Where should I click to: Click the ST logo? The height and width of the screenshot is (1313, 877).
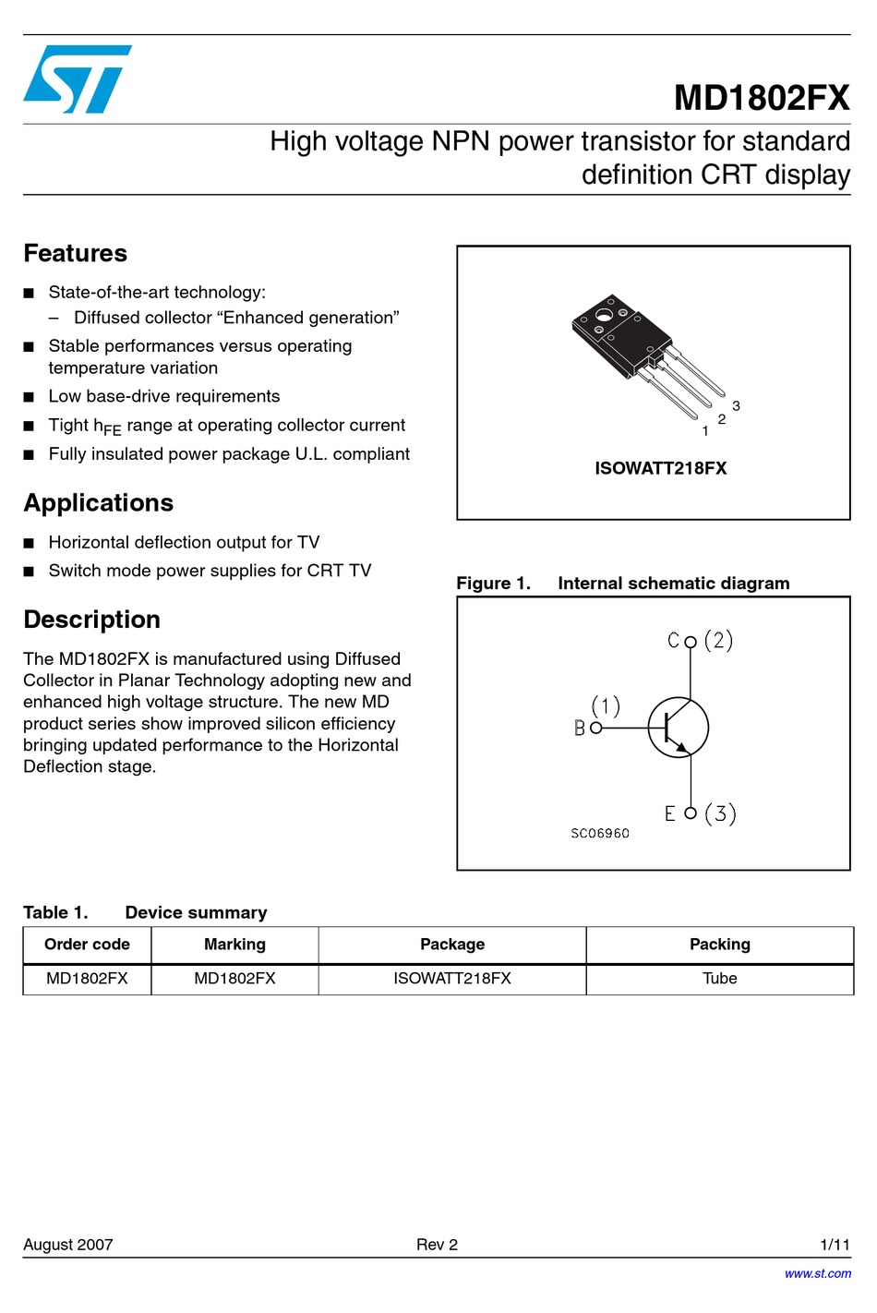coord(77,79)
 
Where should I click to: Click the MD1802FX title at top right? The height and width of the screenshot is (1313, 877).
coord(761,98)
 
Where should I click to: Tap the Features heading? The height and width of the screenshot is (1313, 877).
coord(76,253)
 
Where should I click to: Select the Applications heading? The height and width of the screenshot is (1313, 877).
coord(98,502)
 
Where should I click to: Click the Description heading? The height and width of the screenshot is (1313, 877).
coord(91,620)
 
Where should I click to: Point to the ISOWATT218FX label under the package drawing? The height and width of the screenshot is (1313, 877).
coord(660,468)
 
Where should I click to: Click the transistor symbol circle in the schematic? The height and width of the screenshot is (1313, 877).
coord(679,728)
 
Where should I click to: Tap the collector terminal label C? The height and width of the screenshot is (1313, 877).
coord(673,641)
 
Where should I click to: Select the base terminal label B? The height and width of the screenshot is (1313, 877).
coord(580,729)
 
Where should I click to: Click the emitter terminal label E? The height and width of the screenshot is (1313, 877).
coord(670,813)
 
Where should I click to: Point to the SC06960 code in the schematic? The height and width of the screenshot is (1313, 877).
coord(600,833)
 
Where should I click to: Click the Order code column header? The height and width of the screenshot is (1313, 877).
coord(87,945)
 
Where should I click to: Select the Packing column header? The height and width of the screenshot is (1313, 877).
coord(719,945)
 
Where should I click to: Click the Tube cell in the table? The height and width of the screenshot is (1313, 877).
coord(719,979)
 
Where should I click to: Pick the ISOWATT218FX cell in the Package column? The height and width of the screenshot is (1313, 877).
coord(451,979)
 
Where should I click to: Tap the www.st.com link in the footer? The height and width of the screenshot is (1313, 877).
coord(818,1273)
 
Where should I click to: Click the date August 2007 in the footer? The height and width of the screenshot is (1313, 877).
coord(68,1245)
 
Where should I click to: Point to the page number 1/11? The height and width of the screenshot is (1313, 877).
coord(835,1245)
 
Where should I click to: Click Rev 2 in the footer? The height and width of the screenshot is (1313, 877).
coord(437,1245)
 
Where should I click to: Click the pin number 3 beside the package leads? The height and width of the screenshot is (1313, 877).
coord(736,406)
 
